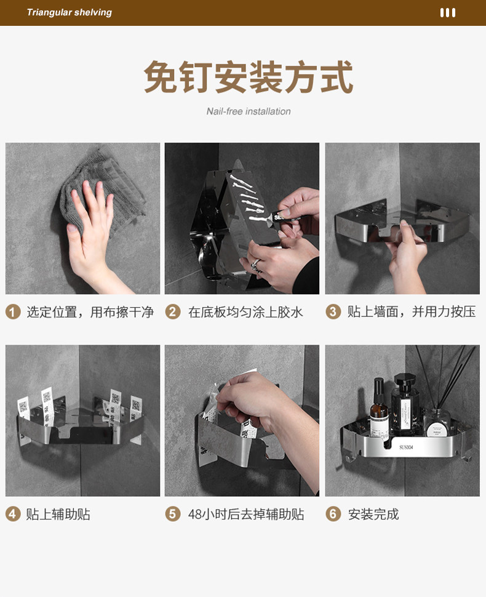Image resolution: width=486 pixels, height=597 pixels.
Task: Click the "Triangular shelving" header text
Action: click(x=70, y=12)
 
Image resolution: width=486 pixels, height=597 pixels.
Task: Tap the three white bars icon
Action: click(x=448, y=12)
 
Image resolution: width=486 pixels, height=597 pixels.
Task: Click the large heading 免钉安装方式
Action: click(x=249, y=77)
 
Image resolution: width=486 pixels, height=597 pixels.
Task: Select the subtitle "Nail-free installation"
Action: click(x=249, y=111)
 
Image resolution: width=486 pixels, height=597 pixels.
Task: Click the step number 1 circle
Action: click(x=13, y=312)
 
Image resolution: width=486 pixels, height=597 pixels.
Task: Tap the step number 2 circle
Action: click(x=173, y=312)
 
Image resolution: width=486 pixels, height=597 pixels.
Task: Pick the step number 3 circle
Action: click(x=333, y=312)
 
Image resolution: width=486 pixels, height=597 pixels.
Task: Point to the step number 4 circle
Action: click(x=13, y=514)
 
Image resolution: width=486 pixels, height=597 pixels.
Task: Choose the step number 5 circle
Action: click(x=173, y=514)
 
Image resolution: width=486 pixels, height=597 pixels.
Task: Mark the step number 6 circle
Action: click(x=333, y=514)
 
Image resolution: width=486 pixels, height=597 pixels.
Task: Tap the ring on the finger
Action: click(x=256, y=263)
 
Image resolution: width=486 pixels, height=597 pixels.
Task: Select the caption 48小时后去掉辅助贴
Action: click(x=246, y=515)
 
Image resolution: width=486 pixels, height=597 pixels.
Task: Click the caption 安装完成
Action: click(x=373, y=515)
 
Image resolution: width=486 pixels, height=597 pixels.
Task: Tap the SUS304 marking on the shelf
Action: click(x=406, y=447)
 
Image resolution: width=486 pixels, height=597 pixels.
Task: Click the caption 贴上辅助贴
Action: click(x=58, y=515)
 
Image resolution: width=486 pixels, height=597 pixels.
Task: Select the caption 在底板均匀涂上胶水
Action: click(x=245, y=312)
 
